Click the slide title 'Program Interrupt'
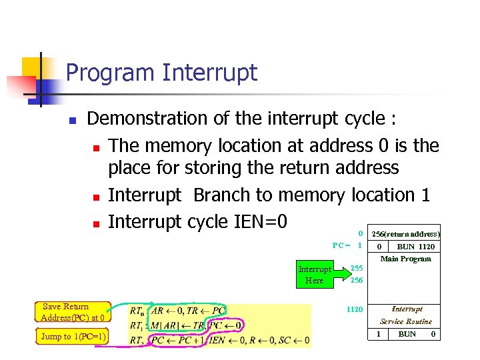click(161, 73)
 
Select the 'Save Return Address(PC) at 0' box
click(72, 312)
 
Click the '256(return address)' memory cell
click(405, 234)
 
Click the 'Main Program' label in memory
click(405, 259)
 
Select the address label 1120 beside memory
click(354, 309)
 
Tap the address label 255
click(357, 268)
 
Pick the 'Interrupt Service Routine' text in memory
click(406, 315)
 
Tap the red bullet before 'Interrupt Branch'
click(97, 197)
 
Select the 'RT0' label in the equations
click(137, 311)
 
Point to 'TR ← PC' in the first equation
click(205, 311)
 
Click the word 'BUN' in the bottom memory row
click(407, 334)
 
